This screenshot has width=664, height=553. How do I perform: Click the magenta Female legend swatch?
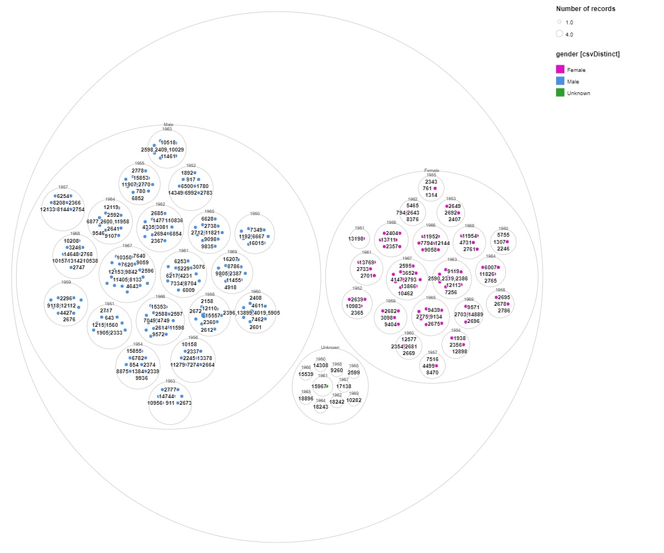[x=560, y=70]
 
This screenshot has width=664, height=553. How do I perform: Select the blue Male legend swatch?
[x=560, y=81]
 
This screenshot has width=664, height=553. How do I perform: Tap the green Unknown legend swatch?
[x=560, y=93]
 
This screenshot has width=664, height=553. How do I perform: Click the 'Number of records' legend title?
[x=585, y=9]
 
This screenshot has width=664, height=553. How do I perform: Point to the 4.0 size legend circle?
[x=559, y=34]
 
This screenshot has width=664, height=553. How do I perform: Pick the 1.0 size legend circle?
[x=559, y=22]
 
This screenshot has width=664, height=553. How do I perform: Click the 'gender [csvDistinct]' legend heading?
[x=588, y=54]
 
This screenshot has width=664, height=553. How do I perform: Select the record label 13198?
[x=356, y=239]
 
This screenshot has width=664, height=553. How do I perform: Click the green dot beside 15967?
[x=327, y=385]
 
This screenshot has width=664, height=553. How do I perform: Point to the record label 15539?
[x=306, y=374]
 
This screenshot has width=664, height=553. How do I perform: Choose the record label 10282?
[x=354, y=400]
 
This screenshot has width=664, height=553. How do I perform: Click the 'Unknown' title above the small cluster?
[x=330, y=348]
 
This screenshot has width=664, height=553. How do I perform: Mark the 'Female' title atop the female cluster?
[x=432, y=171]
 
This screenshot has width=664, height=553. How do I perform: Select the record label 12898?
[x=459, y=352]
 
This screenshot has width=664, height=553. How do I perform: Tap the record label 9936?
[x=142, y=378]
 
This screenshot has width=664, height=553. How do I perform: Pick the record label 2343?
[x=431, y=181]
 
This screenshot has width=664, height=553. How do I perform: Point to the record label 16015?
[x=256, y=243]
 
